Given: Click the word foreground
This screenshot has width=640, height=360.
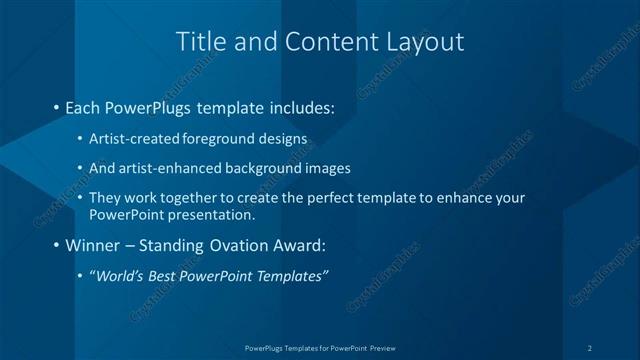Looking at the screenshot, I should coord(216,138).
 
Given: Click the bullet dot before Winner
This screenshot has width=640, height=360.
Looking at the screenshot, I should coord(56,245).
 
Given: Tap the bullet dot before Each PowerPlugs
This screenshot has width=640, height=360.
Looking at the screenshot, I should coord(56,106).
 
